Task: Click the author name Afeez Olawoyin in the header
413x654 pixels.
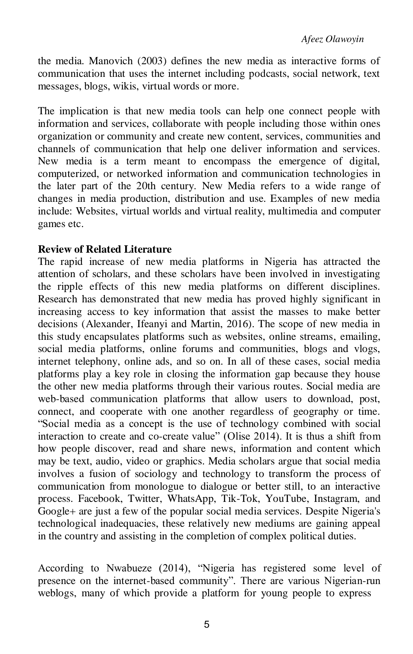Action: point(332,39)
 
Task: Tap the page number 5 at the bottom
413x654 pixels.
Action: point(207,625)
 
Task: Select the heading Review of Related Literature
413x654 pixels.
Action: point(104,249)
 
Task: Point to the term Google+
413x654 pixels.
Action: point(53,511)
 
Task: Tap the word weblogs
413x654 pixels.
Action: point(56,593)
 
